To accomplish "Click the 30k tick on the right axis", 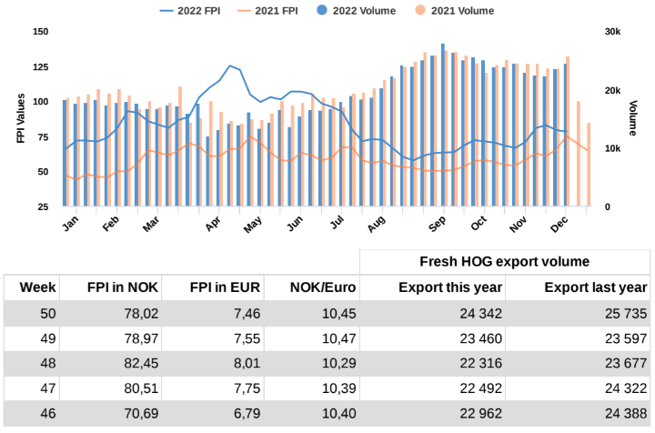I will tap(611, 31).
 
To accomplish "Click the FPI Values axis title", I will tap(20, 118).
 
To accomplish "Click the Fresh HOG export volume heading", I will tap(504, 262).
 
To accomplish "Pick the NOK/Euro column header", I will tap(324, 287).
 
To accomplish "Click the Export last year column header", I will tap(595, 287).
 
